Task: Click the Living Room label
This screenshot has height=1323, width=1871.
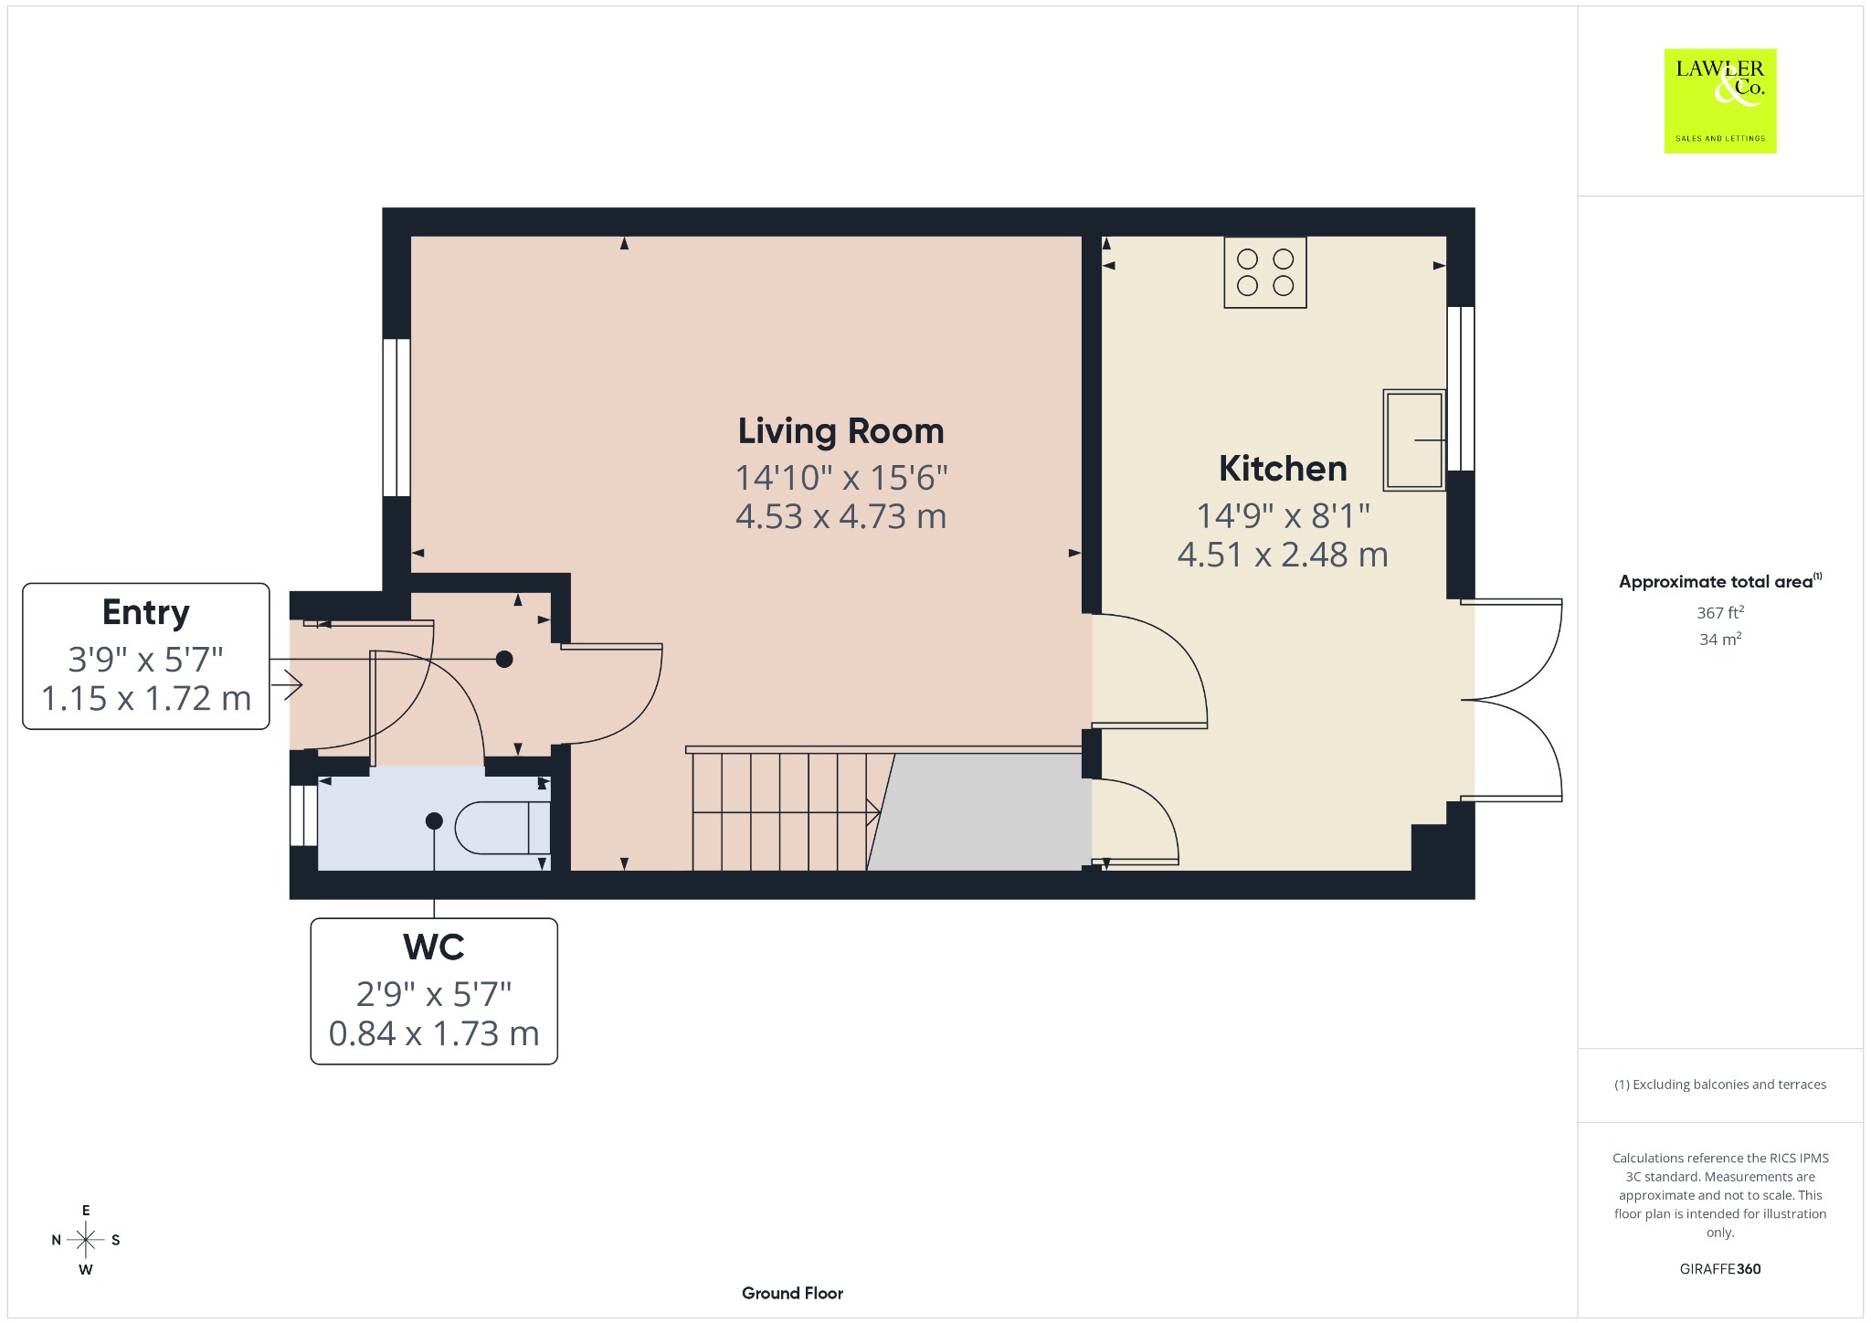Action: point(840,431)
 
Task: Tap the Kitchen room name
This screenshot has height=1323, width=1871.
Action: point(1283,469)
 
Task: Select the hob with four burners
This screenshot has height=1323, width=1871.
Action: point(1265,272)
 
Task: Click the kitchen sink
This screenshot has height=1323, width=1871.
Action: point(1414,440)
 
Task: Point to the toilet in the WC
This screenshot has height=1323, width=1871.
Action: point(502,828)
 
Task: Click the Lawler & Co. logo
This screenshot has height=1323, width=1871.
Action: point(1720,101)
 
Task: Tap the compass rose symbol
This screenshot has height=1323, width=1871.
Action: point(86,1240)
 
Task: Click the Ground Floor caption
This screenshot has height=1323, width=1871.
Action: point(792,1293)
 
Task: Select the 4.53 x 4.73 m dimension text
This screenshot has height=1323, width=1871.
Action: point(840,517)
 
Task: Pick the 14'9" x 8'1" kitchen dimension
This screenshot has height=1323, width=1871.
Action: point(1283,516)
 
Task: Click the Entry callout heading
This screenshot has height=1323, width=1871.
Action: point(146,613)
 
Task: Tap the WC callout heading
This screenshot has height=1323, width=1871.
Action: point(434,947)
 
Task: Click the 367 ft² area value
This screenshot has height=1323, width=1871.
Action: point(1720,613)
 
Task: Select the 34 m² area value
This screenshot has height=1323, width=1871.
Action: point(1720,640)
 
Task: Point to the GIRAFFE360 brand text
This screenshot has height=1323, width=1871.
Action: point(1720,1269)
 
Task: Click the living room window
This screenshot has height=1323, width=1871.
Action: point(396,418)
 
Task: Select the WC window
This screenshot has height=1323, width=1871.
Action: point(304,815)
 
